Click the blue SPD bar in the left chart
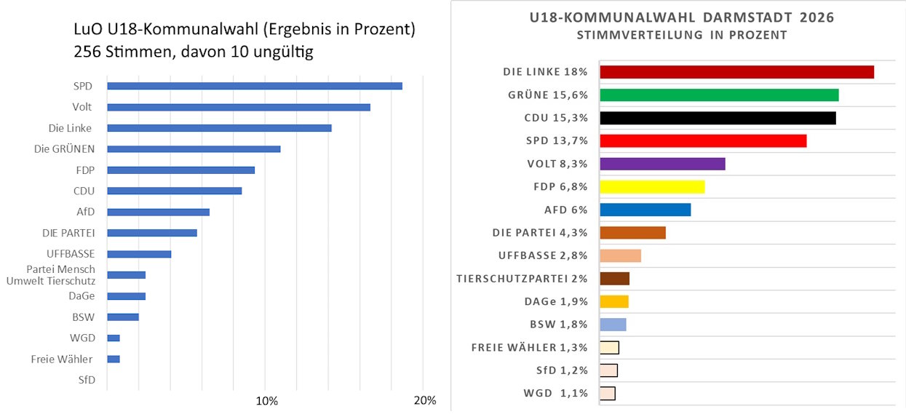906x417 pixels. click(x=254, y=86)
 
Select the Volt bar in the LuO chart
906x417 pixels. click(x=238, y=107)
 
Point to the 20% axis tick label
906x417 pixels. click(x=424, y=401)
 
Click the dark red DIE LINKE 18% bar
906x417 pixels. click(x=736, y=71)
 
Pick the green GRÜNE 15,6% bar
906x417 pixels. click(x=718, y=95)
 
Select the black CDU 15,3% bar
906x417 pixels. click(x=717, y=118)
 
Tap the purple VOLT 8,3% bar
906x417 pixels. click(x=662, y=164)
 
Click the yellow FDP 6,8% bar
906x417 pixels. click(x=652, y=187)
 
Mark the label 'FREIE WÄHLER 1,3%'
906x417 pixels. click(x=530, y=347)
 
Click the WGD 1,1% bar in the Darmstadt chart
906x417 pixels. click(x=607, y=394)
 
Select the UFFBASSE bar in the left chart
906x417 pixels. click(x=139, y=254)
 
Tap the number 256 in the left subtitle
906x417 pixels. click(x=88, y=53)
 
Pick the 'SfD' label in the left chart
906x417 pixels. click(x=87, y=380)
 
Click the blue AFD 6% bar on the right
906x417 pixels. click(x=645, y=210)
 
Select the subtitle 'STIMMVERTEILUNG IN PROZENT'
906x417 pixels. click(x=681, y=35)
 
